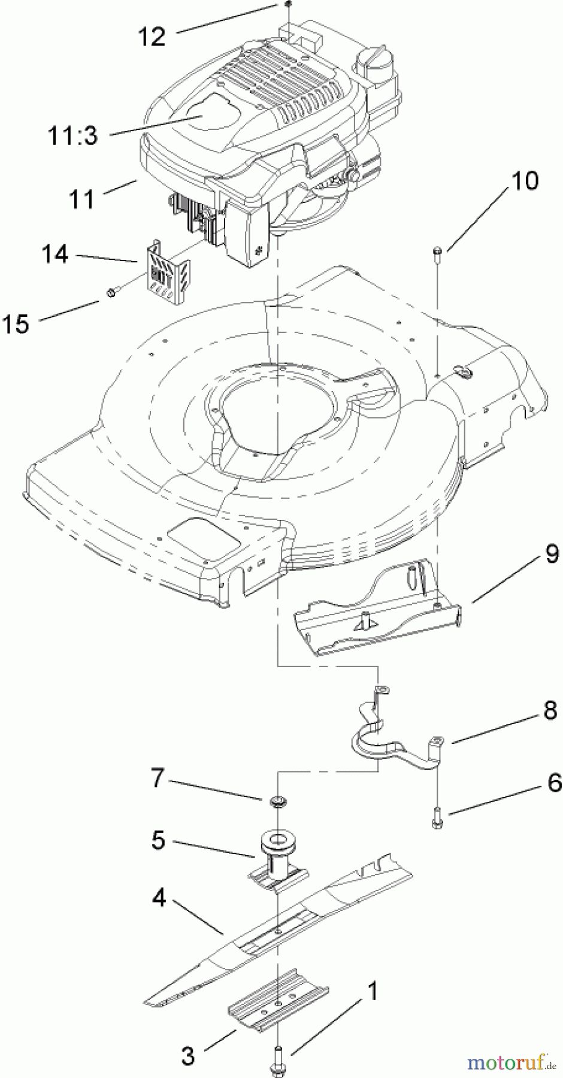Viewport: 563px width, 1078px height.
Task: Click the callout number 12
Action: pyautogui.click(x=152, y=37)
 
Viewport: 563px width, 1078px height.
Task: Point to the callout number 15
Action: pyautogui.click(x=16, y=324)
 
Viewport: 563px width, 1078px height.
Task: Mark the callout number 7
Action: pyautogui.click(x=157, y=780)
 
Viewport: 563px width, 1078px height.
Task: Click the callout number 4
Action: pyautogui.click(x=157, y=899)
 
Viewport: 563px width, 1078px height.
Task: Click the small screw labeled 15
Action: pyautogui.click(x=112, y=292)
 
